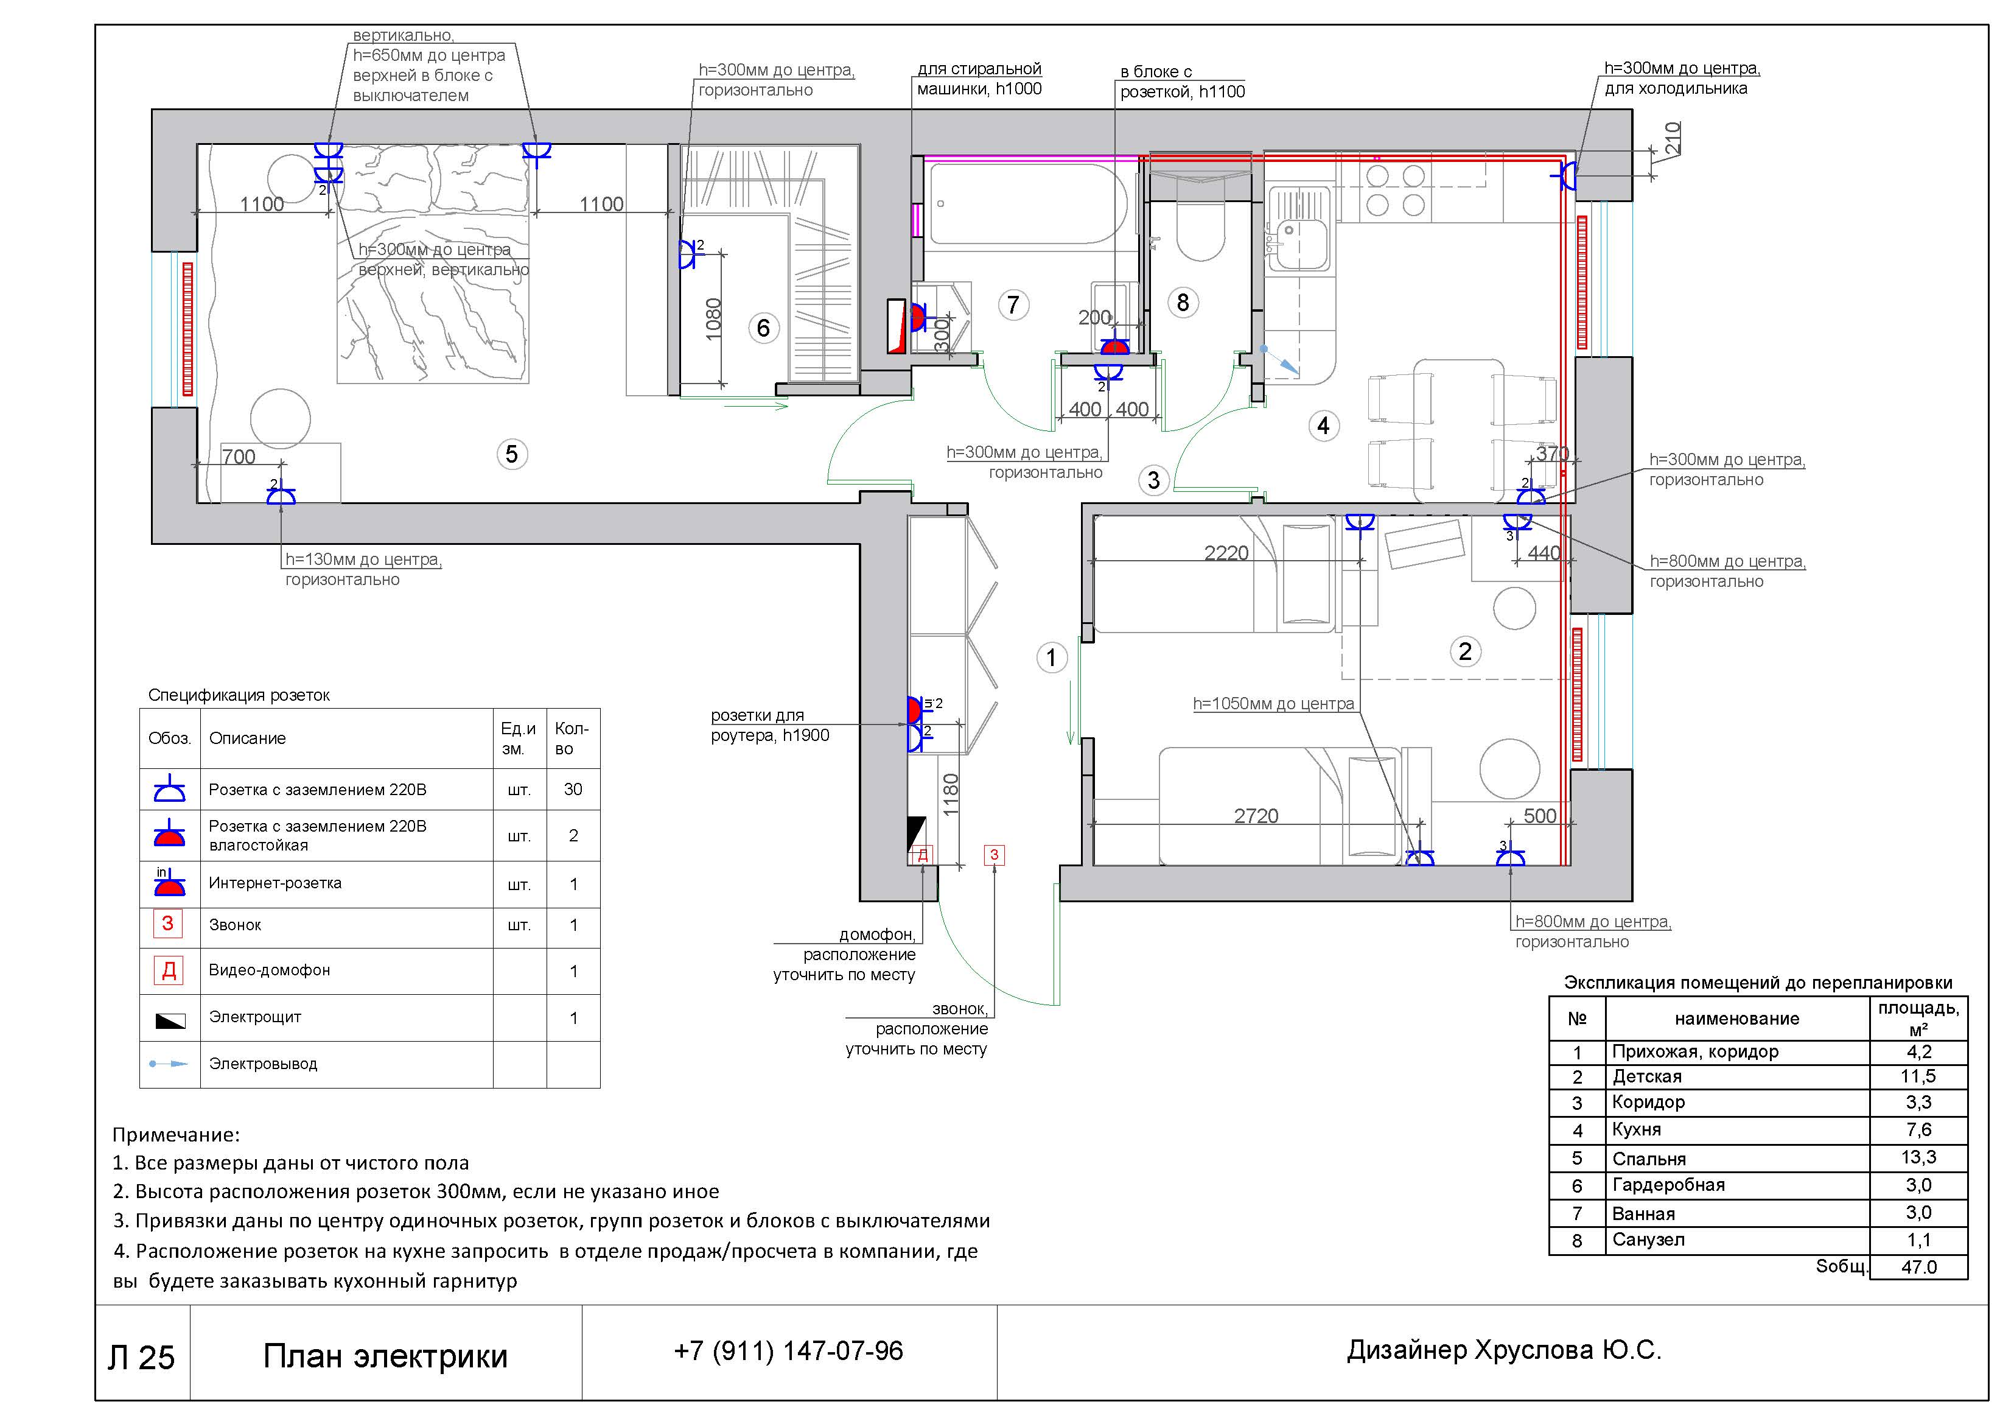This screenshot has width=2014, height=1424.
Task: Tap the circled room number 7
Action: pos(1013,306)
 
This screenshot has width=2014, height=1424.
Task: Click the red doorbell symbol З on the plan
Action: pos(994,855)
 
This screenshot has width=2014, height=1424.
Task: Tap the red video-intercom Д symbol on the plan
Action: pos(922,855)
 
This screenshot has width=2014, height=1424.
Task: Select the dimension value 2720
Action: pos(1256,816)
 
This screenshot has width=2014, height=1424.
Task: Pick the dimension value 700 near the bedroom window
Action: pos(239,457)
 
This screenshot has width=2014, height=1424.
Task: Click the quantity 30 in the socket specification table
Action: pos(573,789)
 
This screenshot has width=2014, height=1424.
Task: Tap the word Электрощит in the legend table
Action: pos(254,1017)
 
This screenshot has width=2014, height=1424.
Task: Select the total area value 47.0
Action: pos(1918,1267)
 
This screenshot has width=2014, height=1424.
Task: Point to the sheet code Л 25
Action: pos(141,1357)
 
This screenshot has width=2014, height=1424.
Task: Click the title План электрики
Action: pos(385,1356)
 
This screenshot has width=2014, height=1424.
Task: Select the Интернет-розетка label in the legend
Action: pos(274,883)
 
